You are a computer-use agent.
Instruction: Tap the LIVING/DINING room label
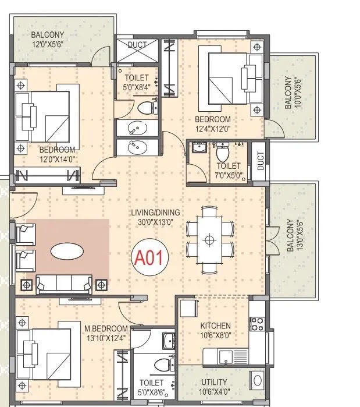(155, 213)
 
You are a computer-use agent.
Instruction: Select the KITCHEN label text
(215, 325)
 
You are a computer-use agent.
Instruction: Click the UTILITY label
(214, 381)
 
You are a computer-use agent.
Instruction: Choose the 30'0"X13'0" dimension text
(155, 222)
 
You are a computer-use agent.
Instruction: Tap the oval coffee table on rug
(66, 251)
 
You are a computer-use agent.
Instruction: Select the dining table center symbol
(209, 239)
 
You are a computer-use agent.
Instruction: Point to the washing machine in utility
(257, 381)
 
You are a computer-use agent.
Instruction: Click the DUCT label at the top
(137, 44)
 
